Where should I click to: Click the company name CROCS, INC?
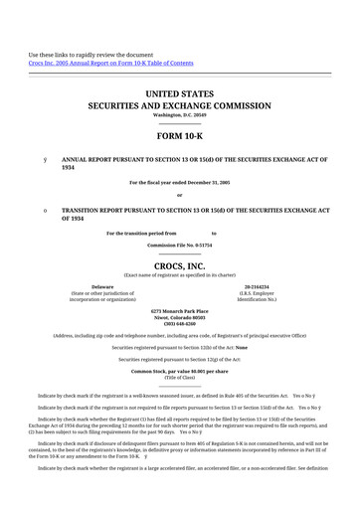[x=179, y=267]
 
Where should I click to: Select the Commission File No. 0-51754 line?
[x=179, y=244]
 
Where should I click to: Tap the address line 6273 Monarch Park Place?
[x=179, y=310]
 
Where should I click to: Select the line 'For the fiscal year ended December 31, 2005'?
[x=179, y=183]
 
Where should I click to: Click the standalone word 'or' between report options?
[x=179, y=195]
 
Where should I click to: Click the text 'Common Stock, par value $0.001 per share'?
[x=179, y=371]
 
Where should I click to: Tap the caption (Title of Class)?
[x=179, y=378]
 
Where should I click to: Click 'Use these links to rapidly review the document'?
[x=90, y=55]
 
